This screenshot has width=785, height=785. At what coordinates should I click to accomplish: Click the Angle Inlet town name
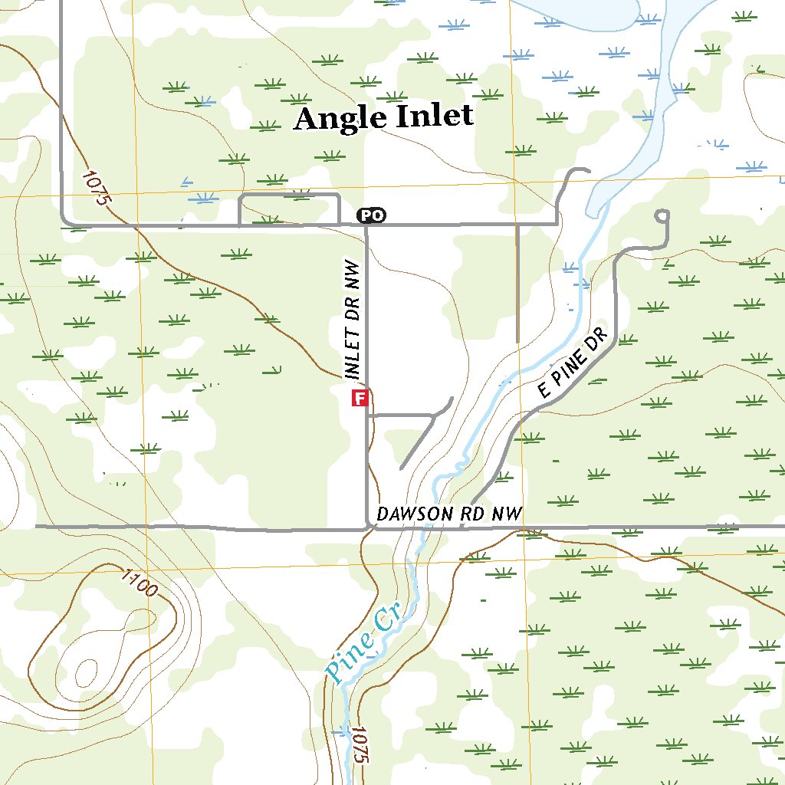[x=383, y=117]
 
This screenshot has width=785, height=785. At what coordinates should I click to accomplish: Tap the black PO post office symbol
[x=372, y=216]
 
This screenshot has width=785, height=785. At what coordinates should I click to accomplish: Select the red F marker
[x=360, y=398]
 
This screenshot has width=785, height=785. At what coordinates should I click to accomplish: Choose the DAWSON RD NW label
[x=449, y=514]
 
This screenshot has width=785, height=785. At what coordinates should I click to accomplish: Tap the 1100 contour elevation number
[x=139, y=583]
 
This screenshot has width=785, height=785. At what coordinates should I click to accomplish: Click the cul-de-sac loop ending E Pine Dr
[x=662, y=217]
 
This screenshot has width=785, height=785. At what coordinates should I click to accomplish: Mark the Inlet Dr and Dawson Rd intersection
[x=368, y=527]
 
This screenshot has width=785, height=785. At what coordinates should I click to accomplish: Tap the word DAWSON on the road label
[x=414, y=514]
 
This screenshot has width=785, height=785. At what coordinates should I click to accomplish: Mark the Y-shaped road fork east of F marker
[x=434, y=415]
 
